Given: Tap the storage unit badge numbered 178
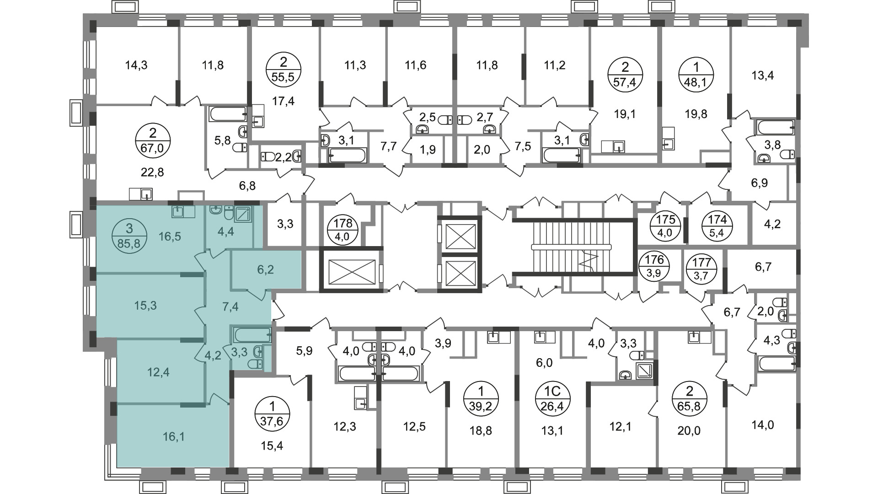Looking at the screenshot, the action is (x=343, y=231).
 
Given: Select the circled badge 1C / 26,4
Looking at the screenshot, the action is (x=552, y=399).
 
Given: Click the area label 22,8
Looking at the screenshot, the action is (x=152, y=172).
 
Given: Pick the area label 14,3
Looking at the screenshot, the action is (x=136, y=65).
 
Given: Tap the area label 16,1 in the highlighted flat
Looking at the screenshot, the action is (x=174, y=437).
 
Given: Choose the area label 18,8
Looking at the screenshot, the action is (x=481, y=430).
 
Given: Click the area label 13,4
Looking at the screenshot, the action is (x=763, y=75).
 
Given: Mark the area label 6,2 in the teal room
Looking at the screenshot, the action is (x=265, y=269).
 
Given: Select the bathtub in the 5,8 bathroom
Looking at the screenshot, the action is (x=228, y=114).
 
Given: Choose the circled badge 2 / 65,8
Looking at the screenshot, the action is (x=690, y=399).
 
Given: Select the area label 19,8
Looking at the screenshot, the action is (x=696, y=114).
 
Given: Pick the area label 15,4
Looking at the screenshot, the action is (x=272, y=446).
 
